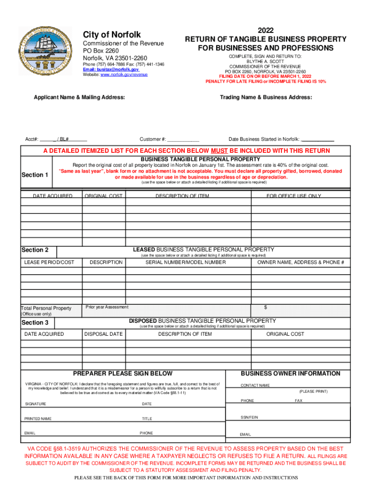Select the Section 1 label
35,175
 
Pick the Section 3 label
35,323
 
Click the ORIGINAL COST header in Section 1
104,196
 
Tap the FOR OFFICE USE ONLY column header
293,196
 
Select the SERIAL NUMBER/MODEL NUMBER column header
186,262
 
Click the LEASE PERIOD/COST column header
49,262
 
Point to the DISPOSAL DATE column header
104,334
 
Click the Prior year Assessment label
107,307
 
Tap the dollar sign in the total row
266,307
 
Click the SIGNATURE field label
36,404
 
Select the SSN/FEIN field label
249,417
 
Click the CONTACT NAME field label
255,385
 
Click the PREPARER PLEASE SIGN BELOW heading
122,373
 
